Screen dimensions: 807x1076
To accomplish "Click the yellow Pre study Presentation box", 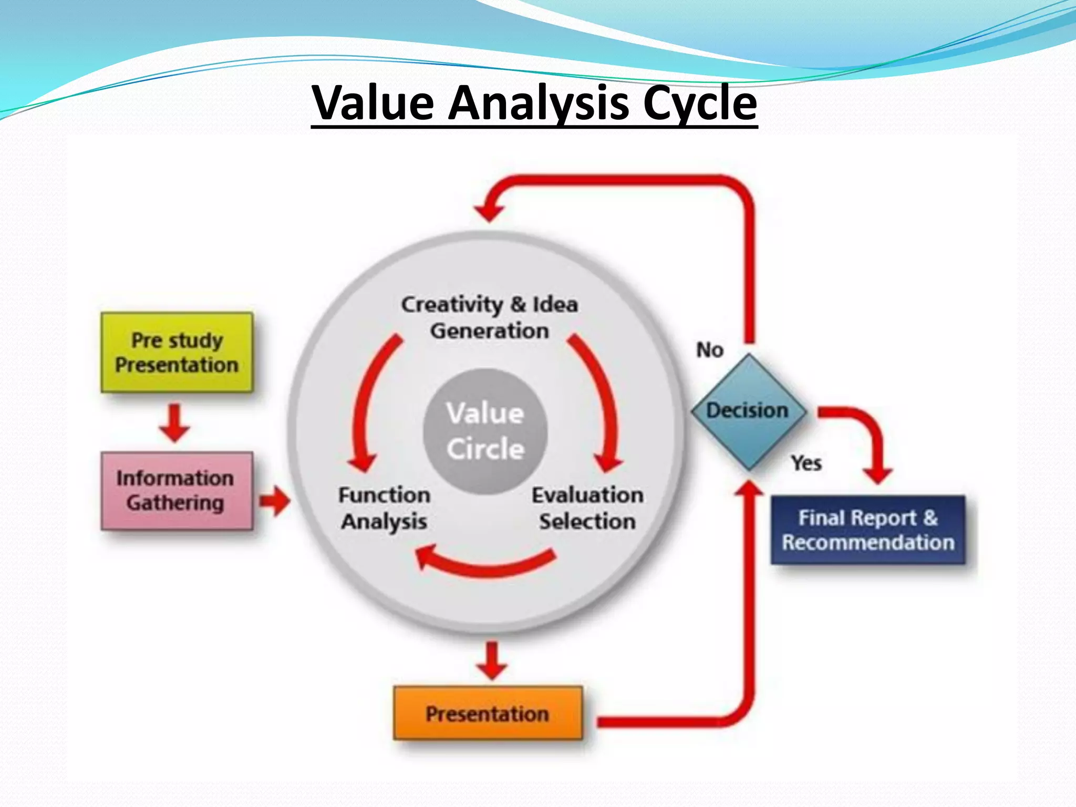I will (177, 353).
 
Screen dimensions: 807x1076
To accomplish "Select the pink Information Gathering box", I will (177, 490).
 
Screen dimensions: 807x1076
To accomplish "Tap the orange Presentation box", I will (488, 713).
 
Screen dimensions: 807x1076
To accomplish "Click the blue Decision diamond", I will (748, 411).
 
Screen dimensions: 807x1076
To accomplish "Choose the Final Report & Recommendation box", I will (868, 530).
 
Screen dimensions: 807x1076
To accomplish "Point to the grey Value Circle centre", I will (485, 431).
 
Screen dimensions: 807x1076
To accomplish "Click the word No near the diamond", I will (709, 350).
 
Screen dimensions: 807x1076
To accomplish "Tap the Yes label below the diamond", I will (806, 463).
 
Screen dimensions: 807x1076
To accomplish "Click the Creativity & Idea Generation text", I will (490, 317).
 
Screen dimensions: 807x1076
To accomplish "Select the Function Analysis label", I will (384, 508).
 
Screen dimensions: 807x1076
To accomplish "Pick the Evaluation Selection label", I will (587, 508).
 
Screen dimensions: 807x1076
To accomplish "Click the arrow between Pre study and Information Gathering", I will (174, 422).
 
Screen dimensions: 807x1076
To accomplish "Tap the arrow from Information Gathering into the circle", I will (275, 501).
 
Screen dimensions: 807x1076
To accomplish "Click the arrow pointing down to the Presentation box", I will (492, 661).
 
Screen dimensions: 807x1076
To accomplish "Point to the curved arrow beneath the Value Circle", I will (486, 564).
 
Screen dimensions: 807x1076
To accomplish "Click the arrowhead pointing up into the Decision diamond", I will (750, 490).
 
